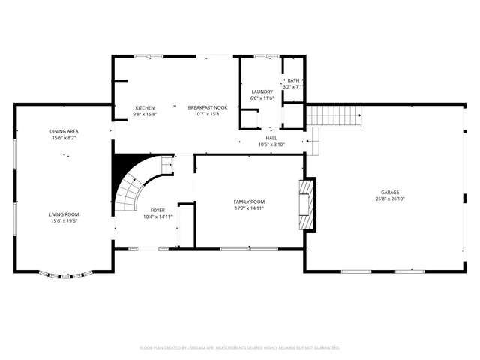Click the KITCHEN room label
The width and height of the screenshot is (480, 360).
[x=145, y=108]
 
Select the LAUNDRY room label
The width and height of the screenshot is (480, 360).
[x=262, y=91]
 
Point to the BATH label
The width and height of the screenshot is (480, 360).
[x=293, y=80]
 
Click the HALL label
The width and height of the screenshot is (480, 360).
[x=271, y=138]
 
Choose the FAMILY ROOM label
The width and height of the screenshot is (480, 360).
[x=249, y=202]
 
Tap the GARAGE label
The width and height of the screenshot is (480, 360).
[x=388, y=193]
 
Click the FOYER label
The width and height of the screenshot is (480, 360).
[x=157, y=210]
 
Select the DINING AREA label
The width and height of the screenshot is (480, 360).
[x=64, y=131]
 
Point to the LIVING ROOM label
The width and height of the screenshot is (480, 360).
[x=64, y=214]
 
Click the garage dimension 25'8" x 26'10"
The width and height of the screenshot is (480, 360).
[x=388, y=199]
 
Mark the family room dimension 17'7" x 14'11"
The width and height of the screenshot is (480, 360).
[x=249, y=208]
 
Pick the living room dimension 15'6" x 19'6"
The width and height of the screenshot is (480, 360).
[x=64, y=221]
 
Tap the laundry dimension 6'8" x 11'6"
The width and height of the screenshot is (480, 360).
[x=262, y=98]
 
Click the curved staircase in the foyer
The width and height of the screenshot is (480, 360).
[x=136, y=192]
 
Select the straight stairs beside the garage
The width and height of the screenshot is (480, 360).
[x=334, y=116]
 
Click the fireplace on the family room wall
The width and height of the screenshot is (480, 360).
[x=305, y=202]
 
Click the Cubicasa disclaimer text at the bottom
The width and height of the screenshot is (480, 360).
[x=240, y=348]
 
